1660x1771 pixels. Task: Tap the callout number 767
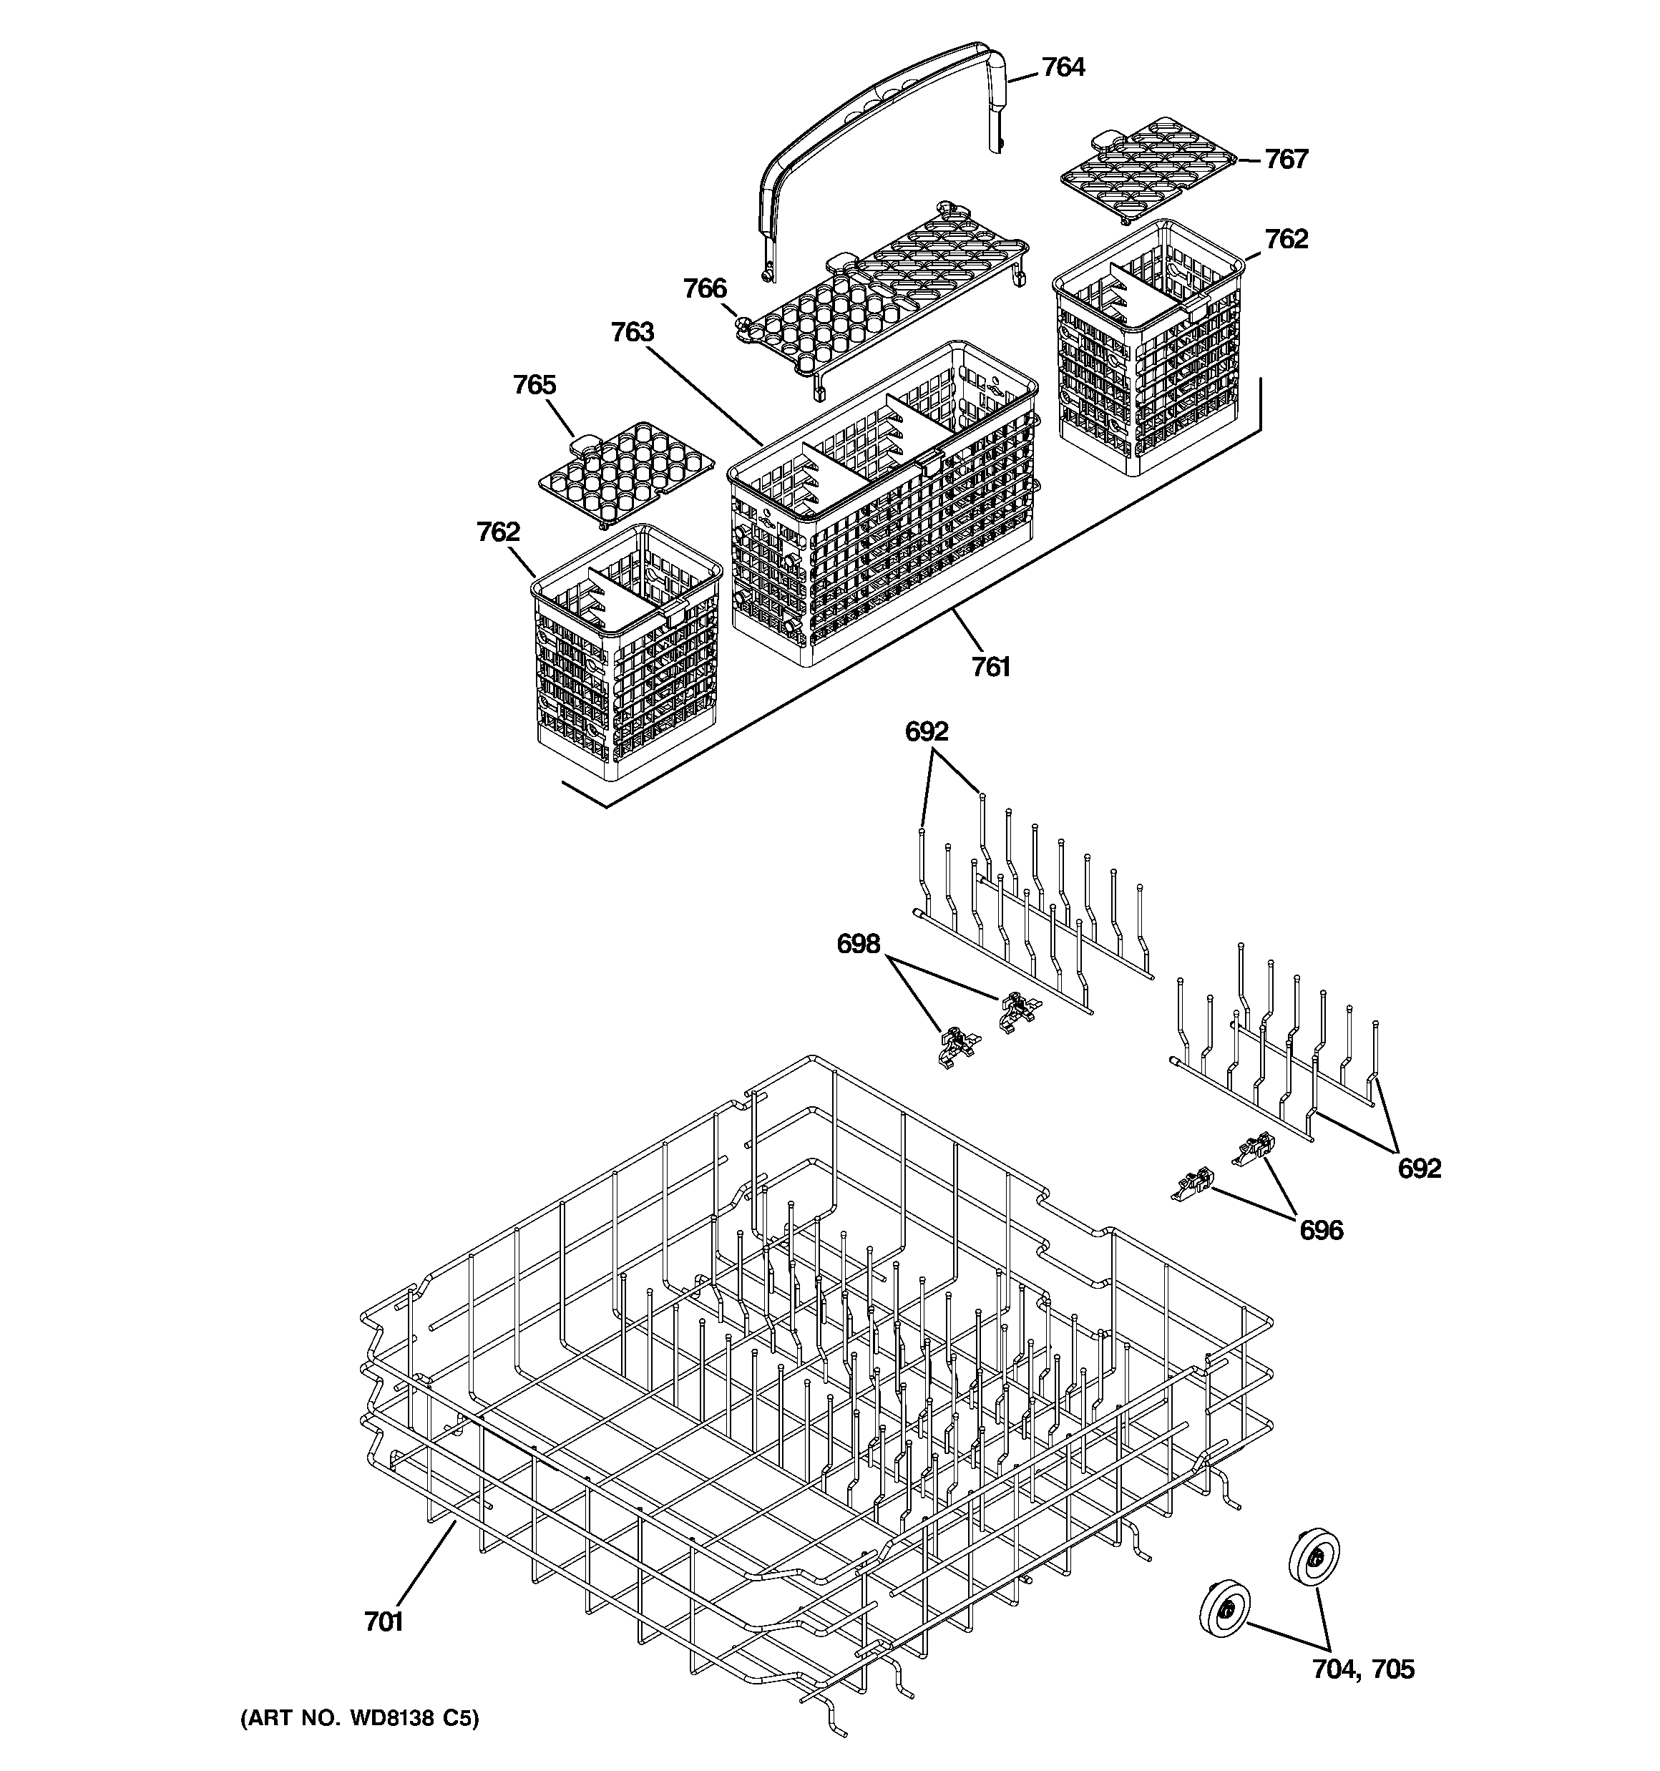[x=1286, y=160]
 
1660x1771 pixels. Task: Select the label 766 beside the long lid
[x=705, y=288]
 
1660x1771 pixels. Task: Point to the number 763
[x=632, y=332]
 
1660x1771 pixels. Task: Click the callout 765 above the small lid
[x=534, y=385]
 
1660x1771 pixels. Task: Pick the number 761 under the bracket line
[x=991, y=666]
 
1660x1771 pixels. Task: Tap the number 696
[x=1321, y=1230]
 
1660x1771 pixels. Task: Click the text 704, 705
[x=1362, y=1669]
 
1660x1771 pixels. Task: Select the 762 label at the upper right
[x=1286, y=239]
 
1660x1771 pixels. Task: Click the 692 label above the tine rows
[x=926, y=731]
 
